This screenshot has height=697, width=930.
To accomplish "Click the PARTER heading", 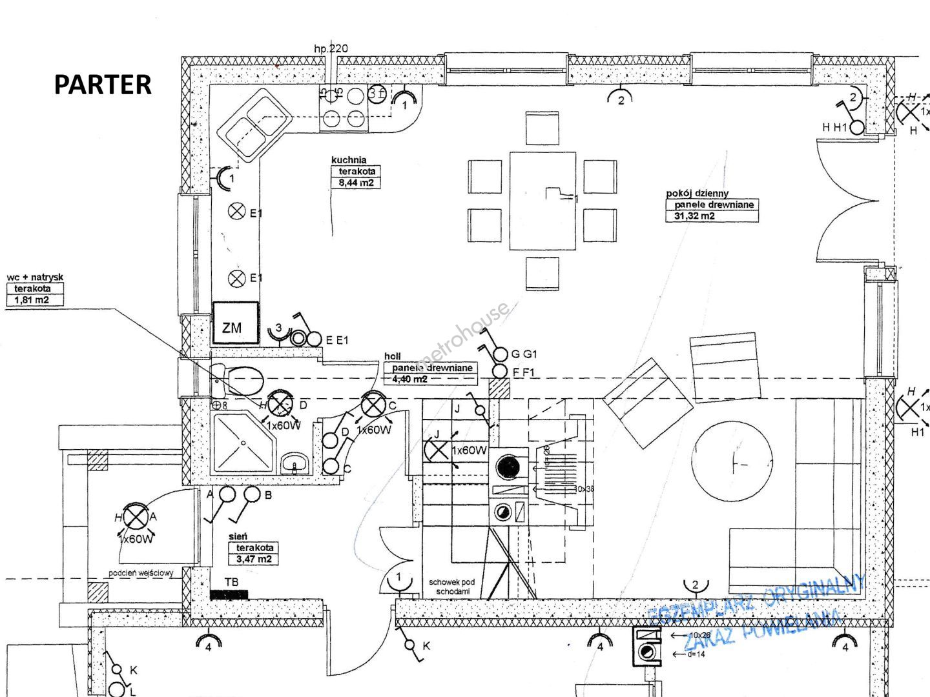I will point(103,85).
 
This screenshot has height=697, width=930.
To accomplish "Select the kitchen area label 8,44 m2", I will point(356,183).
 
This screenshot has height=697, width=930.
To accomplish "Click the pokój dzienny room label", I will point(697,193).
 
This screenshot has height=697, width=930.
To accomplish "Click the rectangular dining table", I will point(542,200).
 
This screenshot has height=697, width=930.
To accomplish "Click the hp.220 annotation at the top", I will point(331,48).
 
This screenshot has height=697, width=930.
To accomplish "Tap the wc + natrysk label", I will point(35,278).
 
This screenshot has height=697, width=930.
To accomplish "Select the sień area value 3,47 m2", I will point(254,559).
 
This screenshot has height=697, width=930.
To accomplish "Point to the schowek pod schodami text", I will point(451,587).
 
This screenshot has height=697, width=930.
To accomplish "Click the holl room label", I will point(392,356).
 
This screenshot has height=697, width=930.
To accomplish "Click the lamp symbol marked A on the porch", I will point(135,516).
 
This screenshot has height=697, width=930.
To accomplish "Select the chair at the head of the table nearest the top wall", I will point(542,128).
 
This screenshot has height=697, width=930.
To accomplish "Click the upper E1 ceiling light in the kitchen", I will point(237,211).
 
